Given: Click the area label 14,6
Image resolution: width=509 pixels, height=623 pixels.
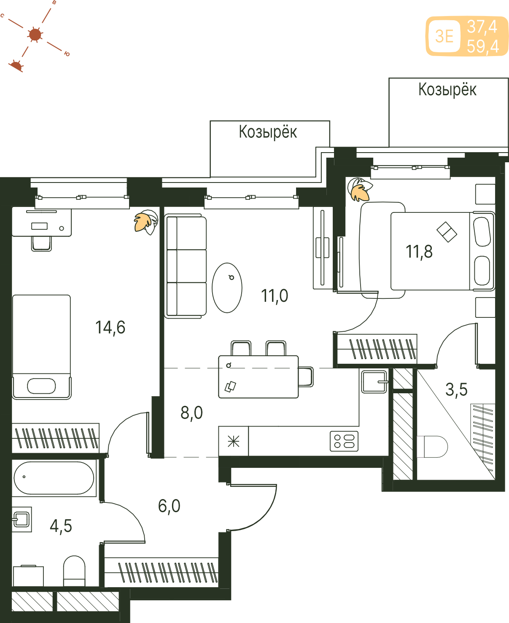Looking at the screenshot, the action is click(x=110, y=328).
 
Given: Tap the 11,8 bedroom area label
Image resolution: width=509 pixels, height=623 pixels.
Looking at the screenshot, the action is click(x=419, y=252).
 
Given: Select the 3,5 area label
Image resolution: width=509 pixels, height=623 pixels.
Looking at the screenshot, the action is click(x=456, y=389).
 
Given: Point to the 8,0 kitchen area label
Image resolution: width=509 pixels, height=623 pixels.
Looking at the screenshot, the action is click(x=191, y=413).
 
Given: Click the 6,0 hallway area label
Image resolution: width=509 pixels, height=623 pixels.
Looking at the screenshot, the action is click(x=169, y=506).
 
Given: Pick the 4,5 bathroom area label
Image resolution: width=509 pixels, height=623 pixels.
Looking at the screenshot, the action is click(x=61, y=526).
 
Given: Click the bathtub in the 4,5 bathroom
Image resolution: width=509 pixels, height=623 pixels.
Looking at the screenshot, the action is click(x=54, y=478).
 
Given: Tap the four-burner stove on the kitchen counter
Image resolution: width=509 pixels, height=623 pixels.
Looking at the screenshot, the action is click(x=344, y=441).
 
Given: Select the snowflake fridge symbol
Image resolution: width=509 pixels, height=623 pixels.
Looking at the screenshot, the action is click(x=234, y=442).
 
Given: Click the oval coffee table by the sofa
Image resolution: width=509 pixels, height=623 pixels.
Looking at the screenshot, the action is click(x=227, y=288).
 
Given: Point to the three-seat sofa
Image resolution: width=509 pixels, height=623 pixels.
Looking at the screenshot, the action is click(x=185, y=266).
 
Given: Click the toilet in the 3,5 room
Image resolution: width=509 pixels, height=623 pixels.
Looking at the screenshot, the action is click(x=432, y=447).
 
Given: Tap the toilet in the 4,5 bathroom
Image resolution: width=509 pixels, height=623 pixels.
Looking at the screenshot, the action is click(x=74, y=571).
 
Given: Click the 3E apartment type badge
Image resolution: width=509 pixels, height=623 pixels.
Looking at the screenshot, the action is click(x=444, y=36).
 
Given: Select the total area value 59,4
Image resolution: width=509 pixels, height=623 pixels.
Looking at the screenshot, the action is click(x=483, y=46).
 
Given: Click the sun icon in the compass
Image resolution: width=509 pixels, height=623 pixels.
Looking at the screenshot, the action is click(x=35, y=35).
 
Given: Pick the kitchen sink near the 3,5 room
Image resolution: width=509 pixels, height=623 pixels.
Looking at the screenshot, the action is click(x=374, y=381).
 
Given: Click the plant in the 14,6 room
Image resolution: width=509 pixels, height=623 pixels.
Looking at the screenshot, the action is click(x=146, y=222).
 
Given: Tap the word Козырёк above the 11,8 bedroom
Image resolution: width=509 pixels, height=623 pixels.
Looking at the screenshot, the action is click(x=447, y=89).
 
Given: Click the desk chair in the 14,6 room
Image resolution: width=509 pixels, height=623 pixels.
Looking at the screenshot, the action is click(x=41, y=244).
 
